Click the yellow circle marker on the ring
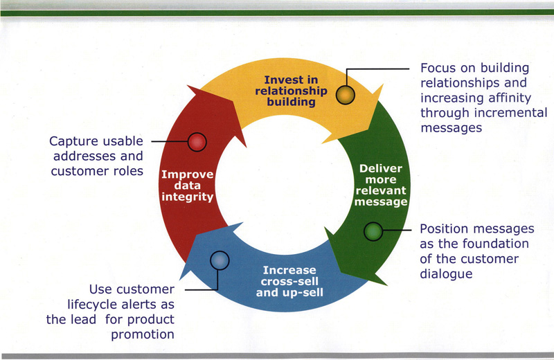(x=345, y=94)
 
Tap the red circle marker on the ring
(x=197, y=141)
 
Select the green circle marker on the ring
(x=373, y=232)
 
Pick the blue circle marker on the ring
(x=219, y=260)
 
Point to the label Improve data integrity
(x=187, y=186)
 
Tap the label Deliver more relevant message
(x=380, y=186)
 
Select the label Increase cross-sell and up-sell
(x=289, y=280)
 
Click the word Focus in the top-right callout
(x=439, y=69)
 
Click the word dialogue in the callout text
(x=446, y=274)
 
